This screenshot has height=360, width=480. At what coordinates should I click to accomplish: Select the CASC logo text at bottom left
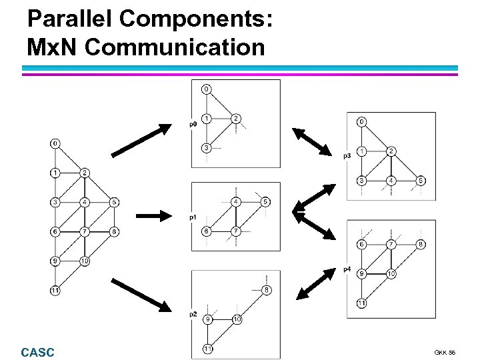coord(38,352)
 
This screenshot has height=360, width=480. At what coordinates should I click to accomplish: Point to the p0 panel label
coord(193,124)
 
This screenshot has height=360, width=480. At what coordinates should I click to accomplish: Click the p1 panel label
coord(193,217)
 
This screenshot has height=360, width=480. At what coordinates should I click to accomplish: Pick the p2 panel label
coord(193,313)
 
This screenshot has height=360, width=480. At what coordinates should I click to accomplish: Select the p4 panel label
coord(347,269)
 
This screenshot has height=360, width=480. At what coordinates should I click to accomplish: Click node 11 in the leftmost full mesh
coord(55,290)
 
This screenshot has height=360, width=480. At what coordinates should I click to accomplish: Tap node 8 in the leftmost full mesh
coord(115,231)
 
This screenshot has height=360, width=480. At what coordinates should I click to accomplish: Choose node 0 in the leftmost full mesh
coord(55,143)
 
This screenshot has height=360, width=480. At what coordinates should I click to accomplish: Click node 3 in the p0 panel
coord(207,147)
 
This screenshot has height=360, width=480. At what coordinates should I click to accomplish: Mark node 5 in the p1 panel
coord(265,201)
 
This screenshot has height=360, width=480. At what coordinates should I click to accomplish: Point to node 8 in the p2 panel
coord(267,290)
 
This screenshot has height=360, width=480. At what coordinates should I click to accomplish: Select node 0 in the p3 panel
coord(361,122)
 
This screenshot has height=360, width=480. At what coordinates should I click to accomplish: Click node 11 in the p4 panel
coord(361,303)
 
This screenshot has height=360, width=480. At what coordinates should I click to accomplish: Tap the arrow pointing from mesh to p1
coord(159,215)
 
